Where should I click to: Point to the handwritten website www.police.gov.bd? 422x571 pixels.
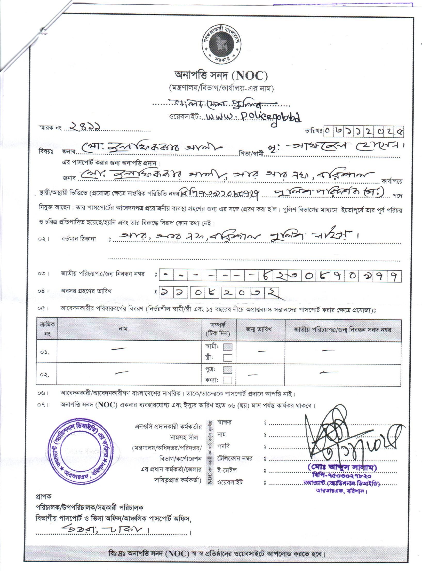(x=253, y=116)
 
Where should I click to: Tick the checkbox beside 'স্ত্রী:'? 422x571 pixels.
(x=228, y=358)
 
